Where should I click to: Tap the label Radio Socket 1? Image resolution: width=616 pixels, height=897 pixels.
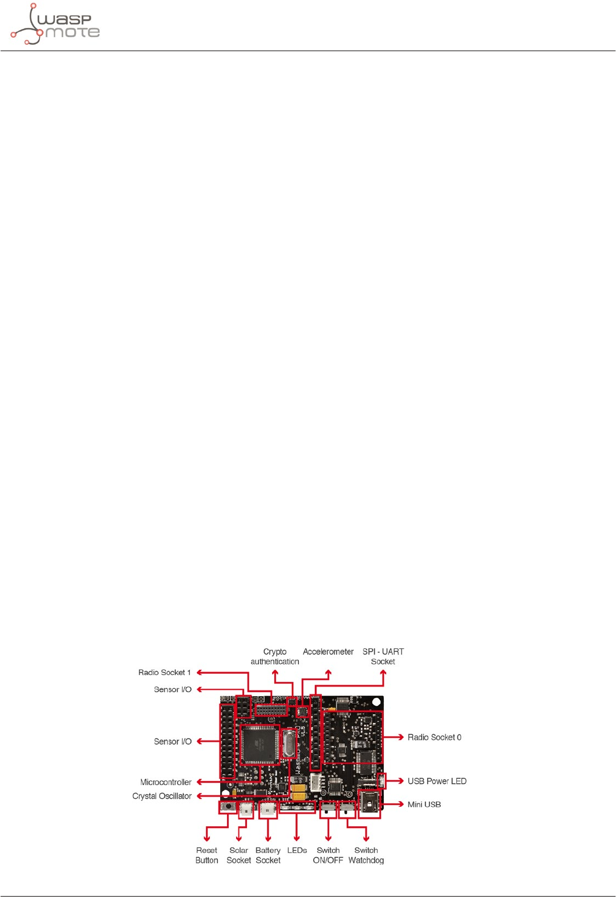pyautogui.click(x=164, y=673)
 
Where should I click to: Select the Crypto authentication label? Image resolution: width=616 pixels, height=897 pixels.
pyautogui.click(x=275, y=657)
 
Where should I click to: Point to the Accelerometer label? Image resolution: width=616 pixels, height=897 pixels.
pyautogui.click(x=328, y=652)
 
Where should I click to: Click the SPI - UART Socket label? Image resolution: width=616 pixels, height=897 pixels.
pyautogui.click(x=383, y=657)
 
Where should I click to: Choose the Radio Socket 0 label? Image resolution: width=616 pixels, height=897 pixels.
pyautogui.click(x=434, y=737)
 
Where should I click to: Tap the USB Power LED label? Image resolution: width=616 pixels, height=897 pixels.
pyautogui.click(x=437, y=781)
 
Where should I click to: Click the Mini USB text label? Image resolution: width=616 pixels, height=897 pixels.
pyautogui.click(x=424, y=805)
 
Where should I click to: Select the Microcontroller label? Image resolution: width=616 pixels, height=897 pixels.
pyautogui.click(x=166, y=782)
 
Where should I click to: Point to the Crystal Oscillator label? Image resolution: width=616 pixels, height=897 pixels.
pyautogui.click(x=162, y=796)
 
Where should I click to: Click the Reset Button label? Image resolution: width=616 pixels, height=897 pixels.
pyautogui.click(x=206, y=855)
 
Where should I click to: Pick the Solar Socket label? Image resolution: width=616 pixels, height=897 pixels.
pyautogui.click(x=238, y=855)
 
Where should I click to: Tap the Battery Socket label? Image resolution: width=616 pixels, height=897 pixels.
pyautogui.click(x=268, y=855)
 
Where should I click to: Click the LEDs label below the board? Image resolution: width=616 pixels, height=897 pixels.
pyautogui.click(x=297, y=850)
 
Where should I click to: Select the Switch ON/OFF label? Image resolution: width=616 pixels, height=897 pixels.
pyautogui.click(x=328, y=855)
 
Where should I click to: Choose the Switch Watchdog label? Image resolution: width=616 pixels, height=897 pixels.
pyautogui.click(x=366, y=855)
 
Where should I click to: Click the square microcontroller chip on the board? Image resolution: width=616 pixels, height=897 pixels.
pyautogui.click(x=260, y=744)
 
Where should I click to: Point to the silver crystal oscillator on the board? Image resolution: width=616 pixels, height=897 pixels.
pyautogui.click(x=289, y=745)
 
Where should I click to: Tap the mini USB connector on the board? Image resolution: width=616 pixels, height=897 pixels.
pyautogui.click(x=369, y=804)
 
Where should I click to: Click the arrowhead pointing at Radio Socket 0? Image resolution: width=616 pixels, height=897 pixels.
pyautogui.click(x=401, y=737)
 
